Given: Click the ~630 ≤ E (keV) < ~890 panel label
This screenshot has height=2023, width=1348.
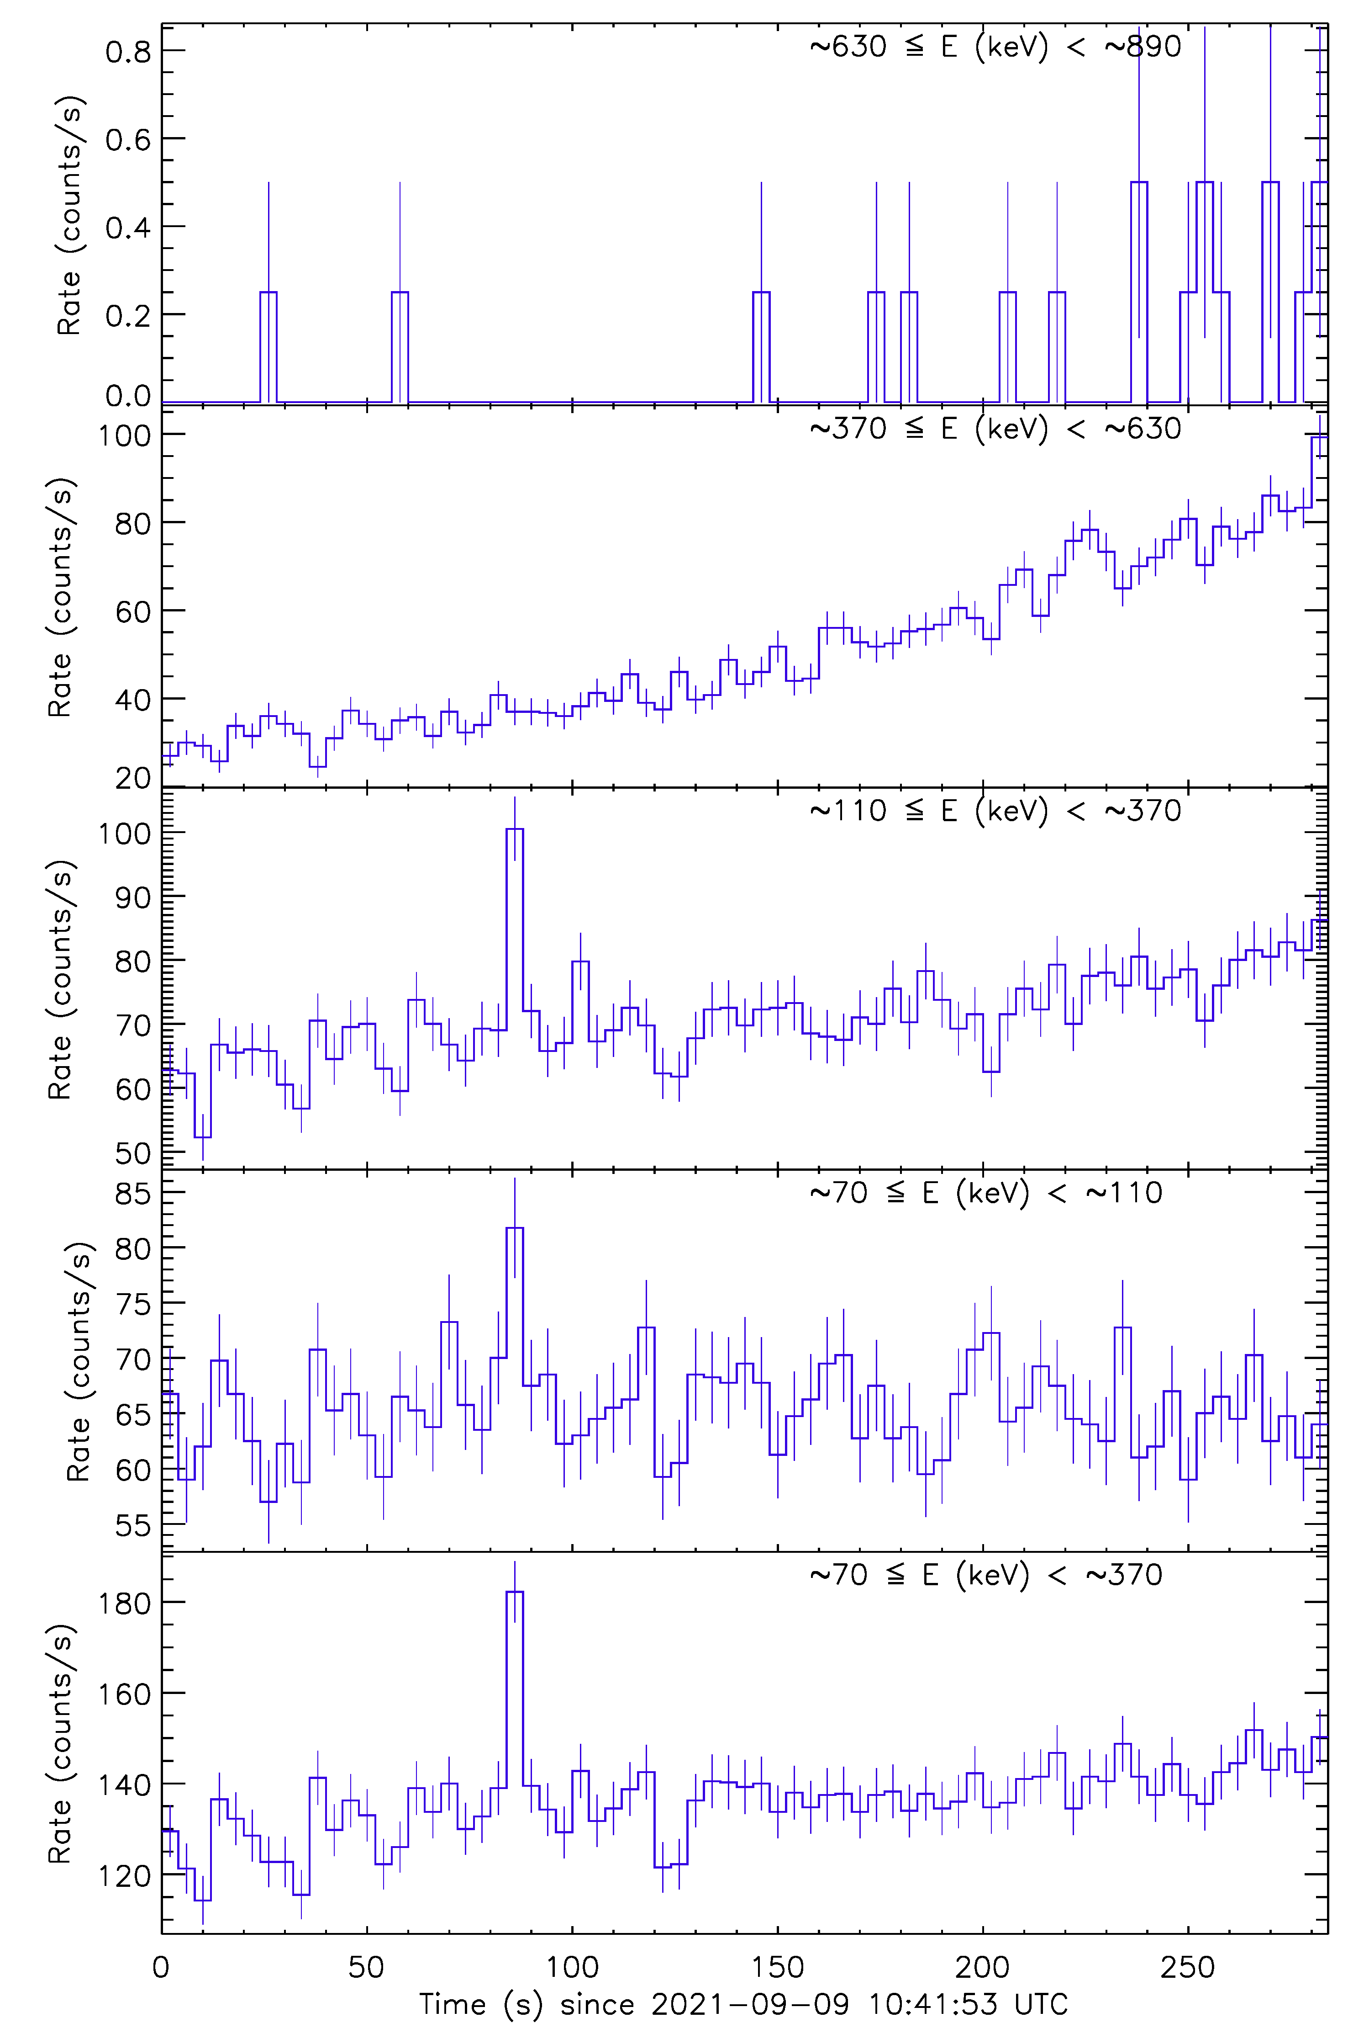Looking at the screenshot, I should pyautogui.click(x=995, y=47).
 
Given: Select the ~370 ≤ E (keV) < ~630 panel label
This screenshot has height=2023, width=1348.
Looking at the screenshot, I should pyautogui.click(x=995, y=428).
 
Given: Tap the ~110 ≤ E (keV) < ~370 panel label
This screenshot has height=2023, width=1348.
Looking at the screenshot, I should pyautogui.click(x=995, y=810).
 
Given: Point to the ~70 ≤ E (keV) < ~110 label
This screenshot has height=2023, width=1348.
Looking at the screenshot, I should pyautogui.click(x=985, y=1193).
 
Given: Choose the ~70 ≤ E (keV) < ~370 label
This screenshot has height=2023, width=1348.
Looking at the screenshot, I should pyautogui.click(x=985, y=1575).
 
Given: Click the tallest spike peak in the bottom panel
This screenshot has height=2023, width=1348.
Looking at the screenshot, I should pyautogui.click(x=514, y=1592).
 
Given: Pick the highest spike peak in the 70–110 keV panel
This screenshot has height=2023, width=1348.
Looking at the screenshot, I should pyautogui.click(x=514, y=1228).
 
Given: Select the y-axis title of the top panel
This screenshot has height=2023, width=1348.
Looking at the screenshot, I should pyautogui.click(x=69, y=215).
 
